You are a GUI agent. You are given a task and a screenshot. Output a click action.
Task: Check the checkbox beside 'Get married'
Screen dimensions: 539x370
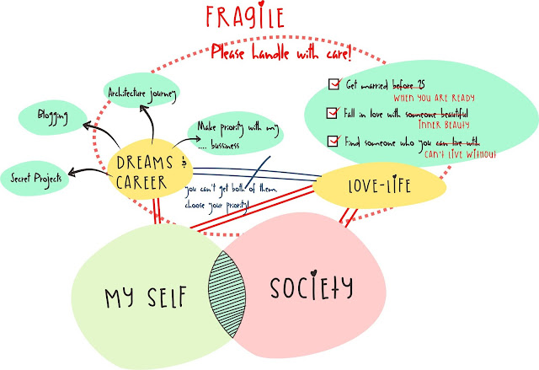click(x=331, y=84)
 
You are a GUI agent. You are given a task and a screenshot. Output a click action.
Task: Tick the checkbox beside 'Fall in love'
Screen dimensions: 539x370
click(x=331, y=112)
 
